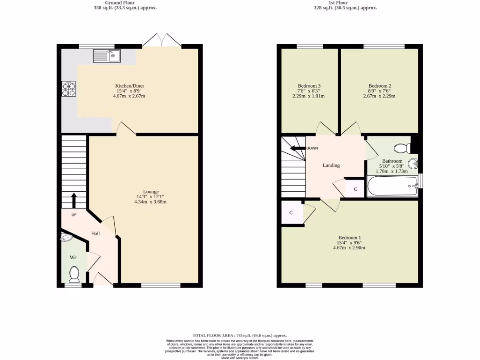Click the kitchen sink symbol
pos(107,56)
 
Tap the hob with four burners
pos(69,89)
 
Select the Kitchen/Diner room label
pos(129,86)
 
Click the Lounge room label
pos(151,191)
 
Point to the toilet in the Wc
pos(74,274)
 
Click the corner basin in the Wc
pos(67,238)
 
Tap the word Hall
pos(95,233)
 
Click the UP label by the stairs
pos(74,215)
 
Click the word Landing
pos(331,165)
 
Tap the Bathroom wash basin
pos(413,164)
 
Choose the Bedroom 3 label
pos(309,86)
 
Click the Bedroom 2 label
pos(379,86)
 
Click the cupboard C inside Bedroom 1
pos(291,213)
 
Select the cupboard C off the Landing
pos(355,189)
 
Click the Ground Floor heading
pos(125,2)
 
